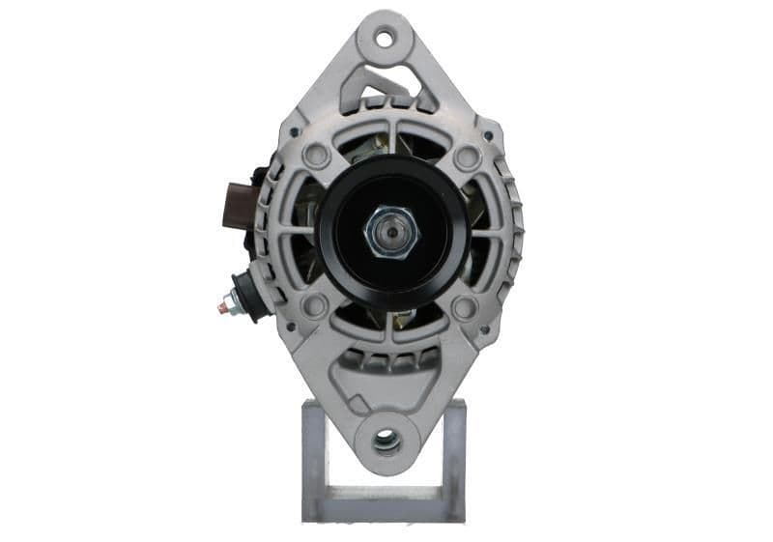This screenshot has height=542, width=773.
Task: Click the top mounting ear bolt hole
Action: click(385, 40)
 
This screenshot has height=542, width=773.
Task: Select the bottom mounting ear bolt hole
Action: click(386, 441)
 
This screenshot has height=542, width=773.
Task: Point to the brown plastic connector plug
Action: click(239, 204)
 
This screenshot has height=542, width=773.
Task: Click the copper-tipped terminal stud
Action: click(223, 306)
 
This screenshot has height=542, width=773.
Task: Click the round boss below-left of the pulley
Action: click(314, 307)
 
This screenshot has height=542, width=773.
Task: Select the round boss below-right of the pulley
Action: click(465, 308)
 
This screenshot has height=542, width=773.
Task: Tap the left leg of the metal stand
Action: click(313, 454)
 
